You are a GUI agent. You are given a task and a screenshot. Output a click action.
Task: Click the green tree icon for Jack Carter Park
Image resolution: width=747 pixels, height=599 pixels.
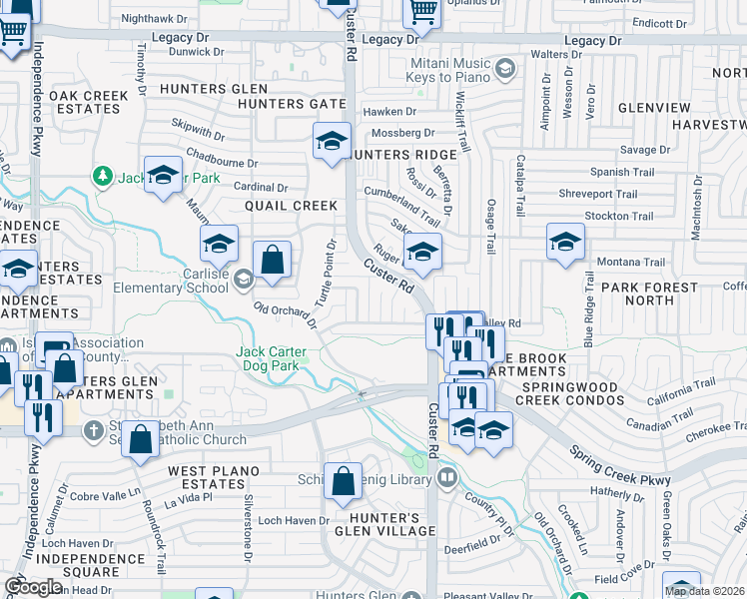[102, 177]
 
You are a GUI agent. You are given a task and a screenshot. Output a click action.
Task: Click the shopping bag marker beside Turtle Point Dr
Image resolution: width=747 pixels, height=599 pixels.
[272, 262]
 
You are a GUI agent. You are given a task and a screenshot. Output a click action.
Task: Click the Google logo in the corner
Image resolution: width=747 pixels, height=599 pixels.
[33, 586]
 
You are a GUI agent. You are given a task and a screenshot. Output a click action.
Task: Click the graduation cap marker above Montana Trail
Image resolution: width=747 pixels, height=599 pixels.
[565, 243]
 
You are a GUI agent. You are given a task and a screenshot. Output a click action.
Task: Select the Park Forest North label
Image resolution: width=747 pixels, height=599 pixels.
[651, 294]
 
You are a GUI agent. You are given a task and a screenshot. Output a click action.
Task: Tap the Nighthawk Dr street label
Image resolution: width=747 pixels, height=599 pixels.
[161, 18]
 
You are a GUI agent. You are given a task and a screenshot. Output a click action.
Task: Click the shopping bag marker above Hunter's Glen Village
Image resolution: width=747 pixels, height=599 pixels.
[344, 481]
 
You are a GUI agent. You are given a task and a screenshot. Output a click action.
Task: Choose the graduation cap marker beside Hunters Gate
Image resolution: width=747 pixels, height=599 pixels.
[332, 142]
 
